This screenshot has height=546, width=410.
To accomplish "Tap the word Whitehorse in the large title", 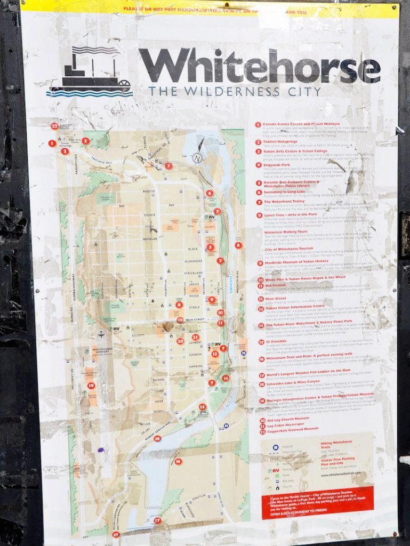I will [x=259, y=66].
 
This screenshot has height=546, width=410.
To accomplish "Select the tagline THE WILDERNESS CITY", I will [x=235, y=91].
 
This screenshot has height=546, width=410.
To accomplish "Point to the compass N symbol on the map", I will [x=197, y=157].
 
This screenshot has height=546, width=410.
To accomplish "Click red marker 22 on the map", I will [x=54, y=126].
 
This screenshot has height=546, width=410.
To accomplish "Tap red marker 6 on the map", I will [x=238, y=245].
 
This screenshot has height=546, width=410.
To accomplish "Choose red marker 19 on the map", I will [x=91, y=385].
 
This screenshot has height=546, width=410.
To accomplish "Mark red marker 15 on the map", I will [x=202, y=407].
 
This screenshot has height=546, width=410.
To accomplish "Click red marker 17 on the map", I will [x=157, y=520].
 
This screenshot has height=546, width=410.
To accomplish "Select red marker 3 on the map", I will [x=85, y=141].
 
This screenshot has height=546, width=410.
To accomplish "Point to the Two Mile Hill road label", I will [x=101, y=160].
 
